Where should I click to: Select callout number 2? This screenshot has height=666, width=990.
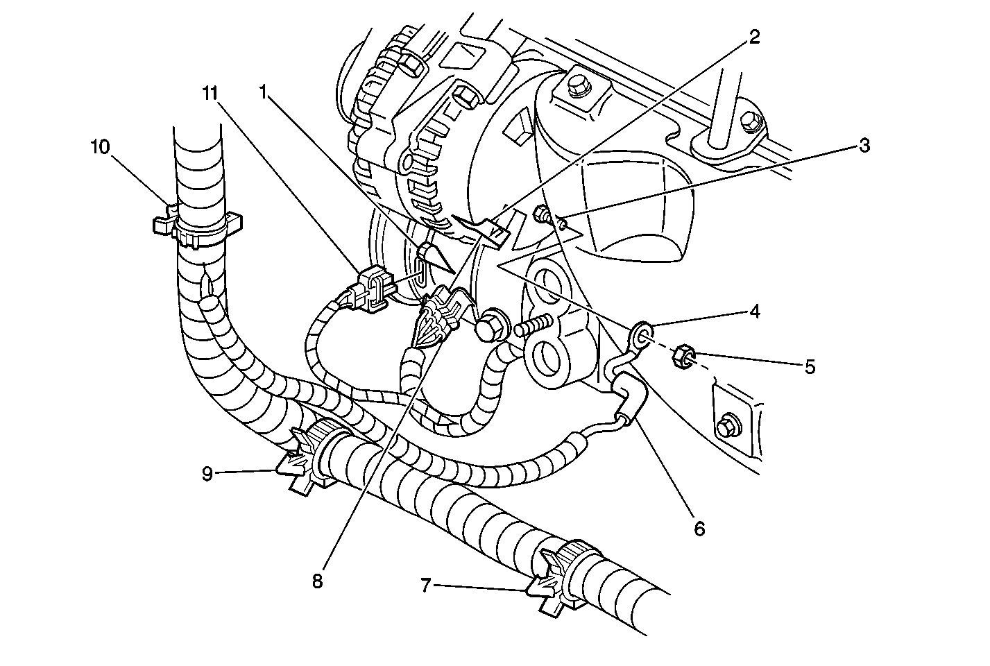753,37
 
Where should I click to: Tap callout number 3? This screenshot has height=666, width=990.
864,146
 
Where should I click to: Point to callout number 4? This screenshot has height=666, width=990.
754,311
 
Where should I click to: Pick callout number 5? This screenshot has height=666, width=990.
810,366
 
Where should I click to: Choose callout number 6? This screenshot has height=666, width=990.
699,529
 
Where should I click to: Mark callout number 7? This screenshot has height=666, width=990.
427,586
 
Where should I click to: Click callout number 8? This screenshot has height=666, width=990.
317,581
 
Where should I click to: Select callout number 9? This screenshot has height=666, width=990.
207,474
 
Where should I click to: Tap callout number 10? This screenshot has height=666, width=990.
100,147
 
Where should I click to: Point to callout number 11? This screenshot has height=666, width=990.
210,91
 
